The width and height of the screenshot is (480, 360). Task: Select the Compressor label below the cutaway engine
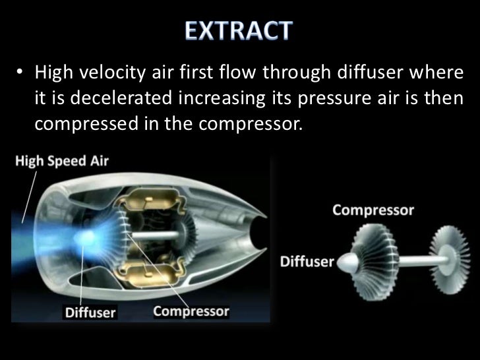click(192, 311)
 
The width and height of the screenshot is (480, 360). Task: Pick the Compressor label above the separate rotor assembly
click(373, 211)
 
